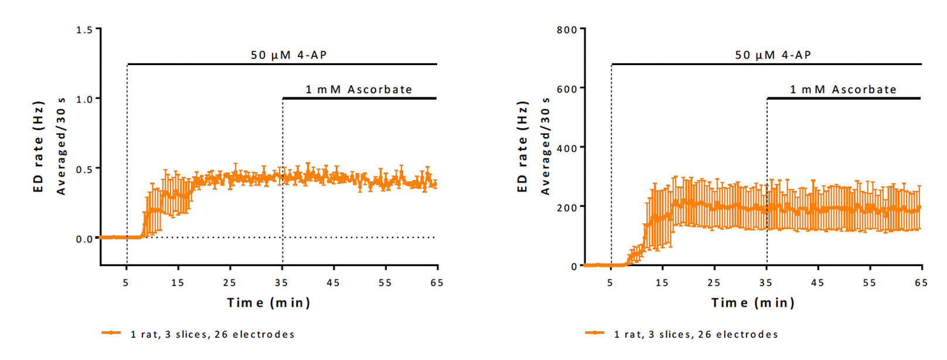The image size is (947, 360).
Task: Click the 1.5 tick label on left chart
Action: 84,30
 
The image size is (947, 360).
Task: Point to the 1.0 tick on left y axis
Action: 84,99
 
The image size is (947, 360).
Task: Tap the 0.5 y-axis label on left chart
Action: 84,169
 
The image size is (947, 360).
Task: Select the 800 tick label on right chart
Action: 567,30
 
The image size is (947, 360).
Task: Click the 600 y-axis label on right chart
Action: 567,89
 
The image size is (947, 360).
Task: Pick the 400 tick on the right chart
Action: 567,148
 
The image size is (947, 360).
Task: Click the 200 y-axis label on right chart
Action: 567,208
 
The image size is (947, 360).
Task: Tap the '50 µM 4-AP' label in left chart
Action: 288,55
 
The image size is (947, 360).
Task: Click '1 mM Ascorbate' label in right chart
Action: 843,90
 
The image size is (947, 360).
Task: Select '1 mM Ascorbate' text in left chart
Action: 359,90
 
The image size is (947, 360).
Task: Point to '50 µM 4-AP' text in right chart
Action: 773,55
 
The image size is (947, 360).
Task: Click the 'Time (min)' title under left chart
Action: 268,303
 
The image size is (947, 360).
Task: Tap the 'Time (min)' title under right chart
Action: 752,303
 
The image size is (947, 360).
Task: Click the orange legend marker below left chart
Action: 111,333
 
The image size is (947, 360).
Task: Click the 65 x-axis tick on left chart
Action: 437,283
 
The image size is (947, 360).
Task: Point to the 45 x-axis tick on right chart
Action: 817,283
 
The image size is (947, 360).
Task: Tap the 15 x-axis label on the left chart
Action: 178,283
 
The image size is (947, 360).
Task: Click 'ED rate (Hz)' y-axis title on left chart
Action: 39,147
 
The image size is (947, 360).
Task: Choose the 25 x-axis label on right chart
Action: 714,283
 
